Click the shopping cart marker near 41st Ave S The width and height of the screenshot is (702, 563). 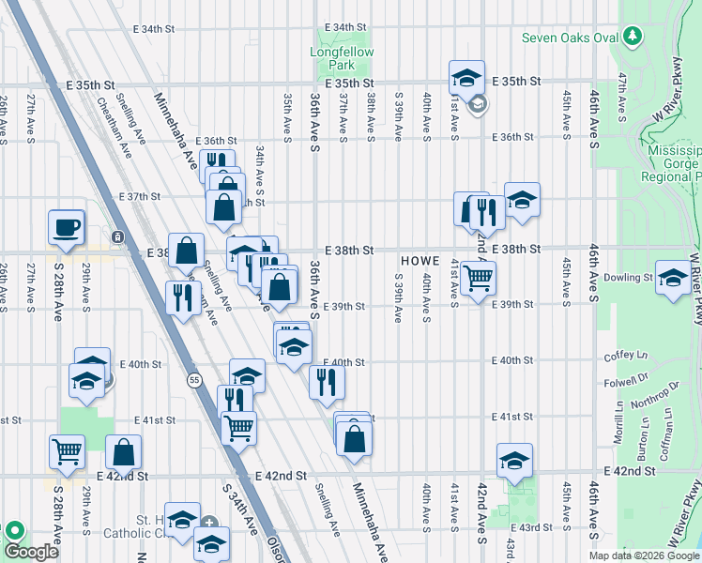pos(478,278)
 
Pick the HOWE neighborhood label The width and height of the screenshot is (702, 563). pos(418,260)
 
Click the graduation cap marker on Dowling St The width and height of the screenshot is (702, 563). pos(673,277)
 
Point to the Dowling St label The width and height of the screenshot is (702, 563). pos(627,278)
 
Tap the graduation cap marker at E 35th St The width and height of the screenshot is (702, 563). pos(466,77)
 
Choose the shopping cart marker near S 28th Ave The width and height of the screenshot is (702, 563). pos(68,451)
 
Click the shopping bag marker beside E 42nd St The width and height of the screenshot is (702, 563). pos(124,452)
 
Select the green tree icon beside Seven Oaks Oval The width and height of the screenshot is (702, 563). pos(634,36)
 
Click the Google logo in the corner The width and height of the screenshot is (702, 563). pos(31,552)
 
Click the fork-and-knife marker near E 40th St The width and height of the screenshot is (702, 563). pos(327,380)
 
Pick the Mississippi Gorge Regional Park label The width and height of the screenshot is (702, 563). pos(673,163)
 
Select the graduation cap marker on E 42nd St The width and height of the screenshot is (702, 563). pos(513,462)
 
